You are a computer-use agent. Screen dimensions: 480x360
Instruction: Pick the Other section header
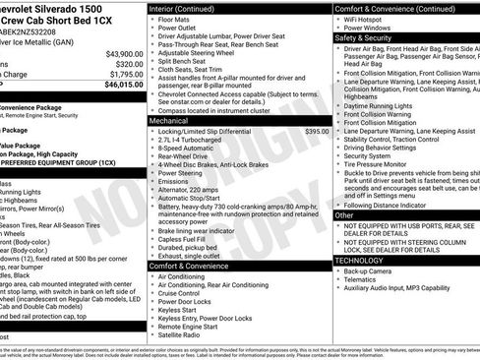pos(345,214)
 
